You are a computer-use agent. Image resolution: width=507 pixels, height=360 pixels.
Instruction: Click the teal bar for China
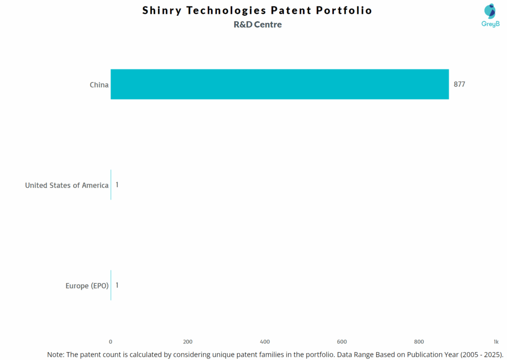click(x=280, y=84)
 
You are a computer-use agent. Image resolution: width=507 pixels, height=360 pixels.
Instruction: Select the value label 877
click(x=459, y=84)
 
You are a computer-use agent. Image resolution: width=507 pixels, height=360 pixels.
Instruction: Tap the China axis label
click(x=99, y=85)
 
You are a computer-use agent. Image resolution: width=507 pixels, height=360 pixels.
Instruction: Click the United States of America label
click(x=67, y=185)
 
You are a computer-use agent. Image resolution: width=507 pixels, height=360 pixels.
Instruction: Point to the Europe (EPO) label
click(x=87, y=286)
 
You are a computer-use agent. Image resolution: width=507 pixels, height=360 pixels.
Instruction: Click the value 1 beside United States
click(x=117, y=185)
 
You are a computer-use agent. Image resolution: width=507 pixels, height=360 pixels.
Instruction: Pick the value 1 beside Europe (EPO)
click(x=117, y=285)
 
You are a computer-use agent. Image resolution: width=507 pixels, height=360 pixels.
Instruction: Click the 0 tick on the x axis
click(x=110, y=342)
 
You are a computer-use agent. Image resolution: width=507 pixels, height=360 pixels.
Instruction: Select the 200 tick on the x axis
click(x=188, y=342)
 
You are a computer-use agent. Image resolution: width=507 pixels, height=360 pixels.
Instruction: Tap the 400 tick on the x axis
click(x=265, y=342)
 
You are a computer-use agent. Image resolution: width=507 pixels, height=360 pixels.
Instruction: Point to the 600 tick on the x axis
click(x=342, y=342)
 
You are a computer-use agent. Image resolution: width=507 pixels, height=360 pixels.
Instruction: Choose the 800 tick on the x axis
click(x=419, y=342)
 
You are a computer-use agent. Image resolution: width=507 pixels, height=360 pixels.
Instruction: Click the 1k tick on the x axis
click(x=496, y=342)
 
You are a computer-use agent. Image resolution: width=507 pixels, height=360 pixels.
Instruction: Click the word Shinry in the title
click(x=161, y=10)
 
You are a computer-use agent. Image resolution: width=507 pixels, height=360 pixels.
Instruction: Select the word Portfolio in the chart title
click(x=346, y=10)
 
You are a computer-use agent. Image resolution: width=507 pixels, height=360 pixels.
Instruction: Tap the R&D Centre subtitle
click(x=257, y=24)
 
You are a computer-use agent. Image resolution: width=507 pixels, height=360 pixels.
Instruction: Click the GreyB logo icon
click(x=490, y=12)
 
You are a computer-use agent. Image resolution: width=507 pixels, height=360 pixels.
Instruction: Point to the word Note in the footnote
click(x=56, y=355)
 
